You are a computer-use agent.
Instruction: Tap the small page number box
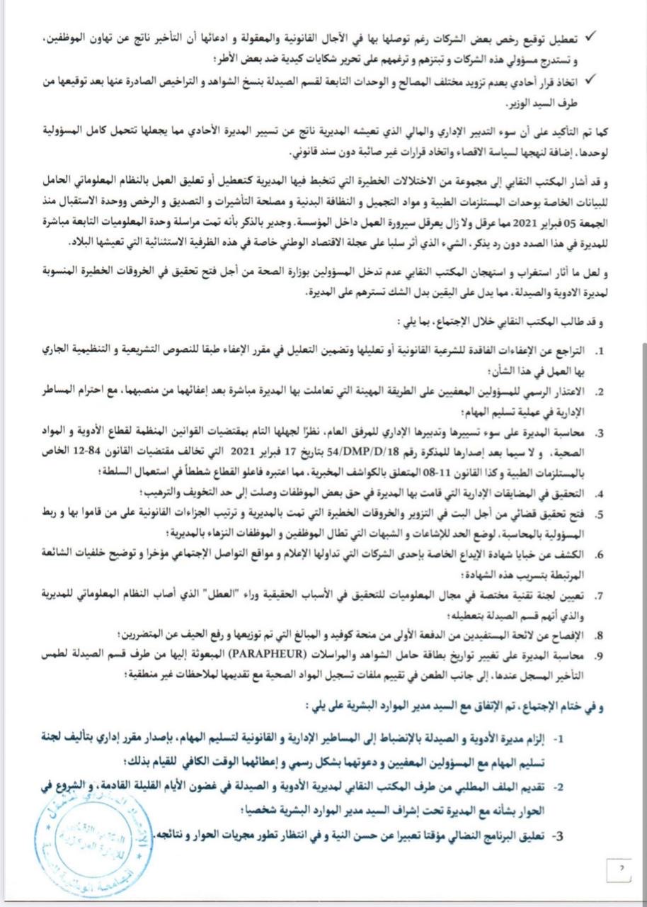[619, 867]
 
